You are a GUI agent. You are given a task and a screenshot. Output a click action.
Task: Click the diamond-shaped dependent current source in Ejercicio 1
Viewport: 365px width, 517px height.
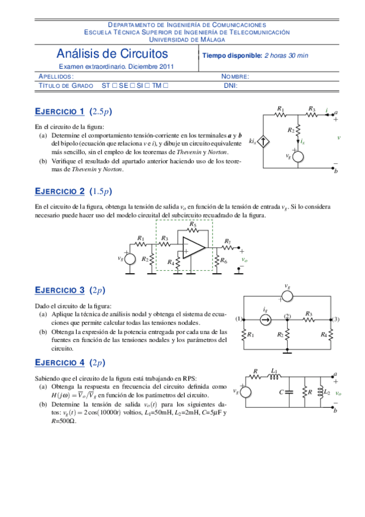point(263,142)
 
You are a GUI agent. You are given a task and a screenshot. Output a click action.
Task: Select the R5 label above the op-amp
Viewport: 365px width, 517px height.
point(193,224)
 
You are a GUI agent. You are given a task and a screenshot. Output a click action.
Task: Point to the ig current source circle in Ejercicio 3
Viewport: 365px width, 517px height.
point(266,318)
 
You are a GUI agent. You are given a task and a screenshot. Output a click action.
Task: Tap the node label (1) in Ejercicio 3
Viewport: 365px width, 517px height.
point(239,319)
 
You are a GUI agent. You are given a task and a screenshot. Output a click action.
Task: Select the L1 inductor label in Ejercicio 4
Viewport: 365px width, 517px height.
point(274,371)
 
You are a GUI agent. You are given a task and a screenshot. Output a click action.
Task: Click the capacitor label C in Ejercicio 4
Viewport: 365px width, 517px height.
point(282,391)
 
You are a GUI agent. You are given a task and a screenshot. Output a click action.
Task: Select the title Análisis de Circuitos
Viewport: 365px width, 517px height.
point(113,55)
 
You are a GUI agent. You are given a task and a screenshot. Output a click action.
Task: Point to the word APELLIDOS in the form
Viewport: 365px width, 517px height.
point(56,77)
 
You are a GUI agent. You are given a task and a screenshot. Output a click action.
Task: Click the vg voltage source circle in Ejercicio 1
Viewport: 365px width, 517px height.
point(299,156)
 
